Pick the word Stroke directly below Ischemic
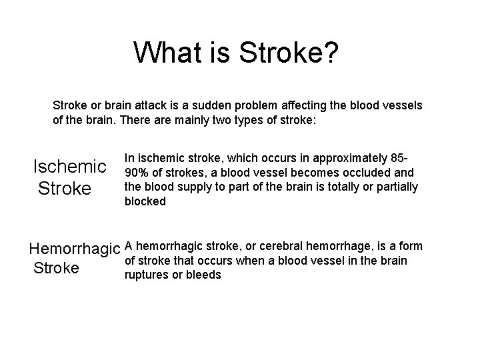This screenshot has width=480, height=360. [x=65, y=189]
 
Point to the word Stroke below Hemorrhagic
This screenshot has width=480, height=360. [x=56, y=269]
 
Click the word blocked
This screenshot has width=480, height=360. [x=145, y=201]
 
